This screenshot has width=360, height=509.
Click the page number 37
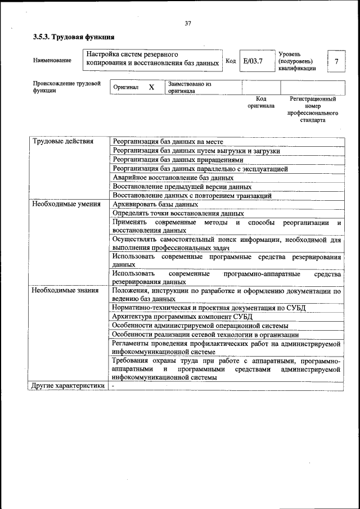pyautogui.click(x=187, y=23)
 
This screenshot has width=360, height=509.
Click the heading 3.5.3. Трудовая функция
pyautogui.click(x=73, y=37)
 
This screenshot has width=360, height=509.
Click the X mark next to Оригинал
pyautogui.click(x=151, y=88)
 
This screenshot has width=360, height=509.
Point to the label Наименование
pyautogui.click(x=52, y=60)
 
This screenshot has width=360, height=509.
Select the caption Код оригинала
pyautogui.click(x=261, y=102)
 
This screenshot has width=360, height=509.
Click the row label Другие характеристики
pyautogui.click(x=68, y=386)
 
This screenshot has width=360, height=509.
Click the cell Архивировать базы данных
pyautogui.click(x=155, y=205)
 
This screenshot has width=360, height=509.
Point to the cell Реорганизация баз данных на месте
pyautogui.click(x=168, y=141)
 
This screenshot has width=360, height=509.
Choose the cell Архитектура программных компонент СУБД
pyautogui.click(x=182, y=317)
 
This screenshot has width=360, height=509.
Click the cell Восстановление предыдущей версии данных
pyautogui.click(x=182, y=187)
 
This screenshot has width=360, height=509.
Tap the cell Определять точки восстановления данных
pyautogui.click(x=178, y=214)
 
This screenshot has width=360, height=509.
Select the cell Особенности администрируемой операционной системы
pyautogui.click(x=200, y=326)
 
